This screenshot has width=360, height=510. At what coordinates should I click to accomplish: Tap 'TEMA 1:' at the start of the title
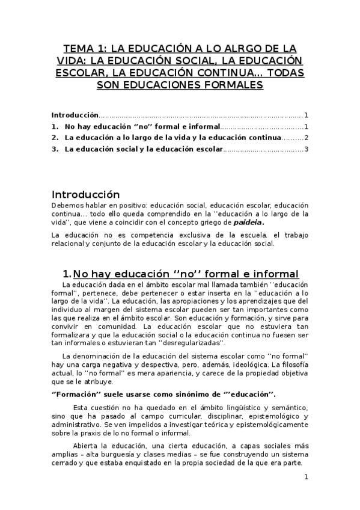pos(84,49)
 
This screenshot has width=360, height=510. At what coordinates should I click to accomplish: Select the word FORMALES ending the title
pos(234,85)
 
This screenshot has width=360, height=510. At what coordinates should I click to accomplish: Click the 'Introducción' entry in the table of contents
pos(75,115)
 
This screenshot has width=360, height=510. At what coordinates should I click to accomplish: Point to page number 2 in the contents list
pos(306,138)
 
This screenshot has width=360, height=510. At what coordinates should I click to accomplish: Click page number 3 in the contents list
pos(306,150)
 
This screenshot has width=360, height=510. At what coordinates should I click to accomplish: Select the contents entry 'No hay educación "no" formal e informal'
pos(142,127)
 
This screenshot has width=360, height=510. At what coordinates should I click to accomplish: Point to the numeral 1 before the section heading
pos(66,274)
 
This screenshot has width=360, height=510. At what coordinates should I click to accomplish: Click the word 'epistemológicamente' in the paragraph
pos(269,425)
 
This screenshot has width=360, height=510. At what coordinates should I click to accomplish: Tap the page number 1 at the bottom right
pos(306,478)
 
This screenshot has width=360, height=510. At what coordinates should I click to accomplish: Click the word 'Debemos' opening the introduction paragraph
pos(66,205)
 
